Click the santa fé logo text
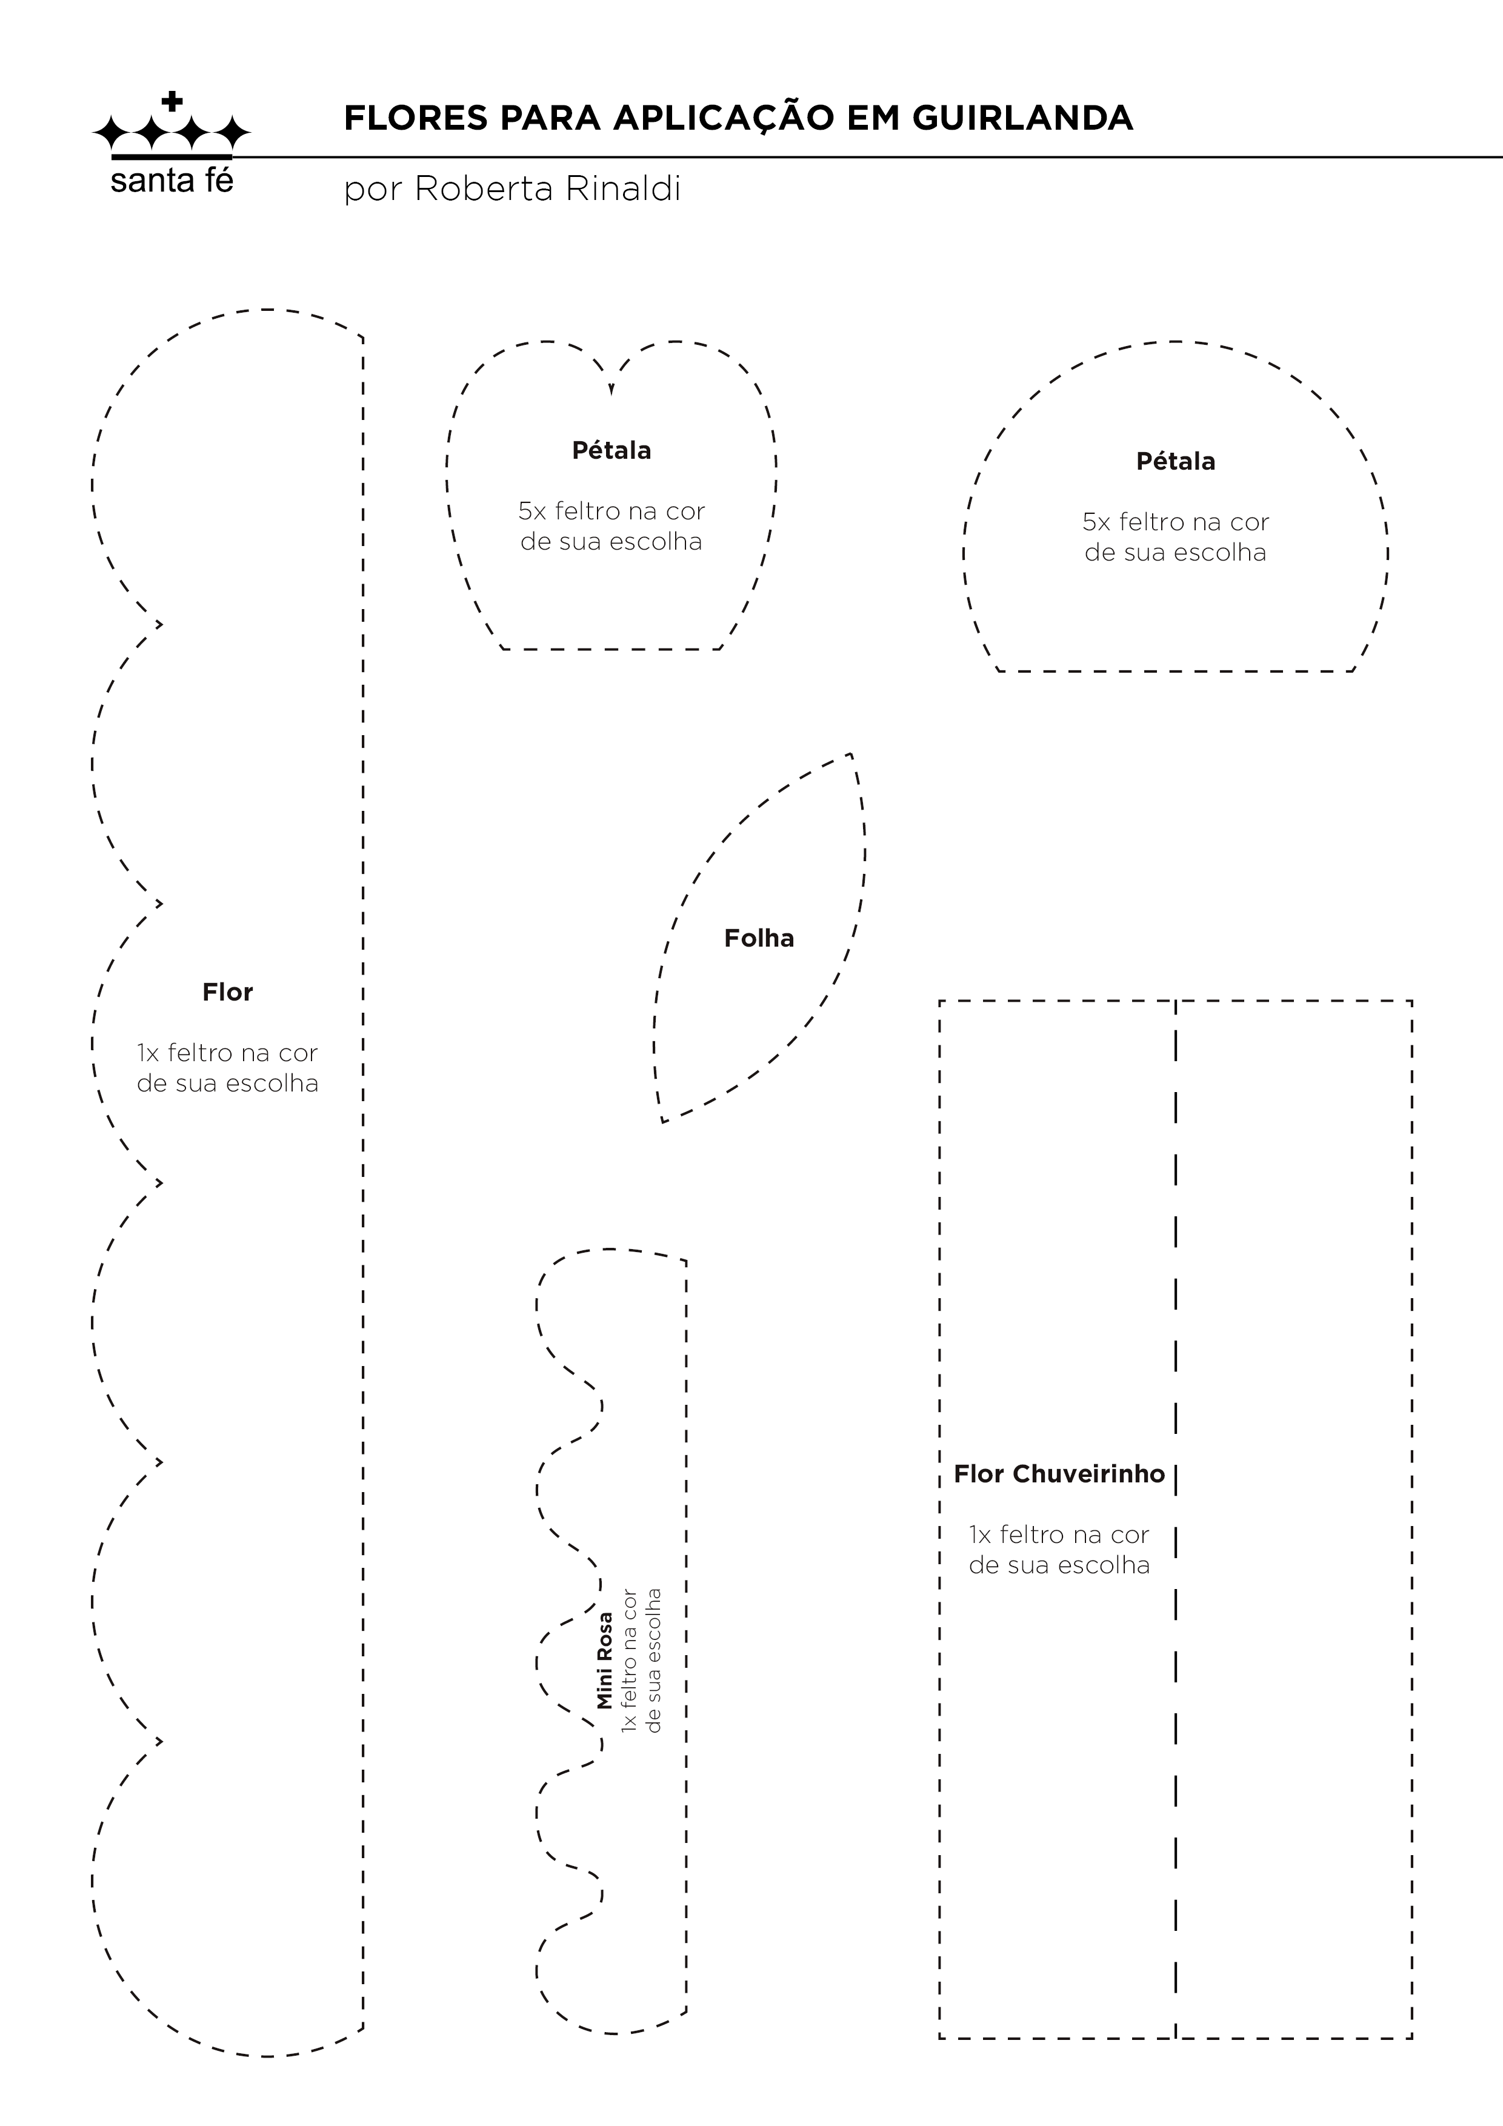(172, 181)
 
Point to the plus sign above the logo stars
(172, 101)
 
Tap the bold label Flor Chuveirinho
(1059, 1474)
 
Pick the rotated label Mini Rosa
(605, 1660)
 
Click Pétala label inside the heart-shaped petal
(612, 451)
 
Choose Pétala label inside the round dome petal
(1175, 462)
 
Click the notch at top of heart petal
(612, 390)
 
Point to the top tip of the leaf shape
(850, 755)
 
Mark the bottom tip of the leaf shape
(663, 1121)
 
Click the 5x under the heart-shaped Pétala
(533, 511)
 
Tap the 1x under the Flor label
(148, 1054)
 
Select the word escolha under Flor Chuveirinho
(1104, 1566)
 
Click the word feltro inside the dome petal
(1156, 522)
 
